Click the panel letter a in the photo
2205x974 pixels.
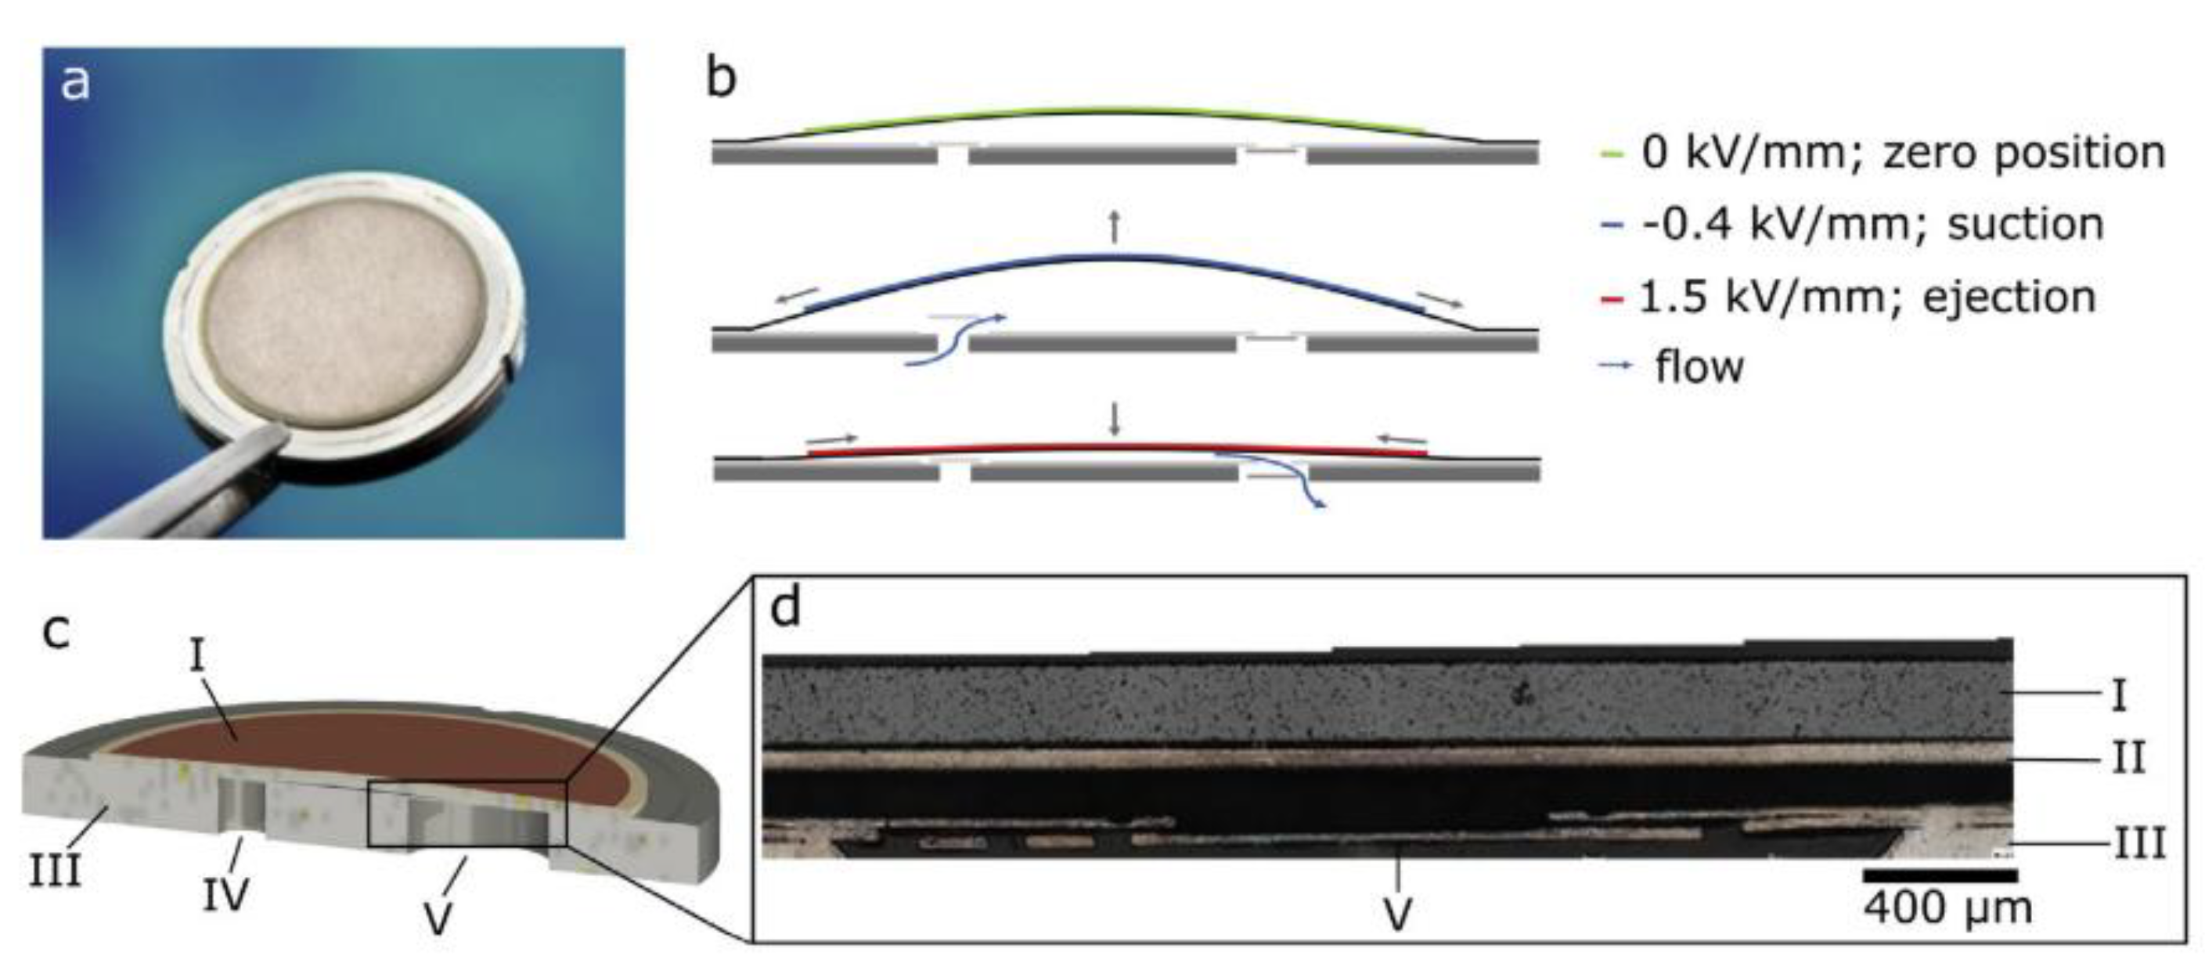point(75,84)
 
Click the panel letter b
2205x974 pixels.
point(721,79)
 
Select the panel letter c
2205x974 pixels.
point(56,632)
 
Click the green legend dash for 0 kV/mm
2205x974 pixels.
point(1611,155)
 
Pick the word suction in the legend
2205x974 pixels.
point(2025,225)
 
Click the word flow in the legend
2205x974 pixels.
point(1699,367)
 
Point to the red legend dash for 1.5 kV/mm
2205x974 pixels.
point(1611,300)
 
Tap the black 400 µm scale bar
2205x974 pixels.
point(1940,875)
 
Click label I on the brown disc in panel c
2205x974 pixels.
point(198,658)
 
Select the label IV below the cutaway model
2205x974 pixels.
point(225,894)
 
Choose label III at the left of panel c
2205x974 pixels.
point(56,872)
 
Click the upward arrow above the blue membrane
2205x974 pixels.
point(1114,226)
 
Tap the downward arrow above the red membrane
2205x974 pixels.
point(1114,419)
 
